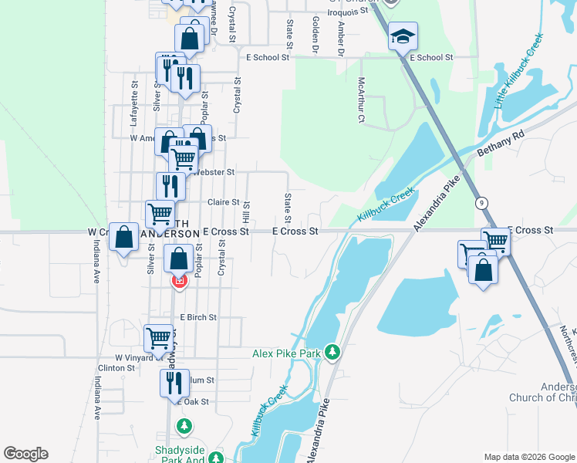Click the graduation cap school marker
click(403, 37)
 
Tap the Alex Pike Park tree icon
click(332, 352)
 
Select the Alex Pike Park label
click(286, 353)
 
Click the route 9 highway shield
click(481, 202)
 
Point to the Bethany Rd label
click(500, 144)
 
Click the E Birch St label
click(198, 317)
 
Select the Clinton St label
click(120, 368)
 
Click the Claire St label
click(224, 202)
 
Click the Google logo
click(25, 454)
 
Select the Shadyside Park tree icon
click(184, 425)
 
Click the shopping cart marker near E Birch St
click(158, 337)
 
